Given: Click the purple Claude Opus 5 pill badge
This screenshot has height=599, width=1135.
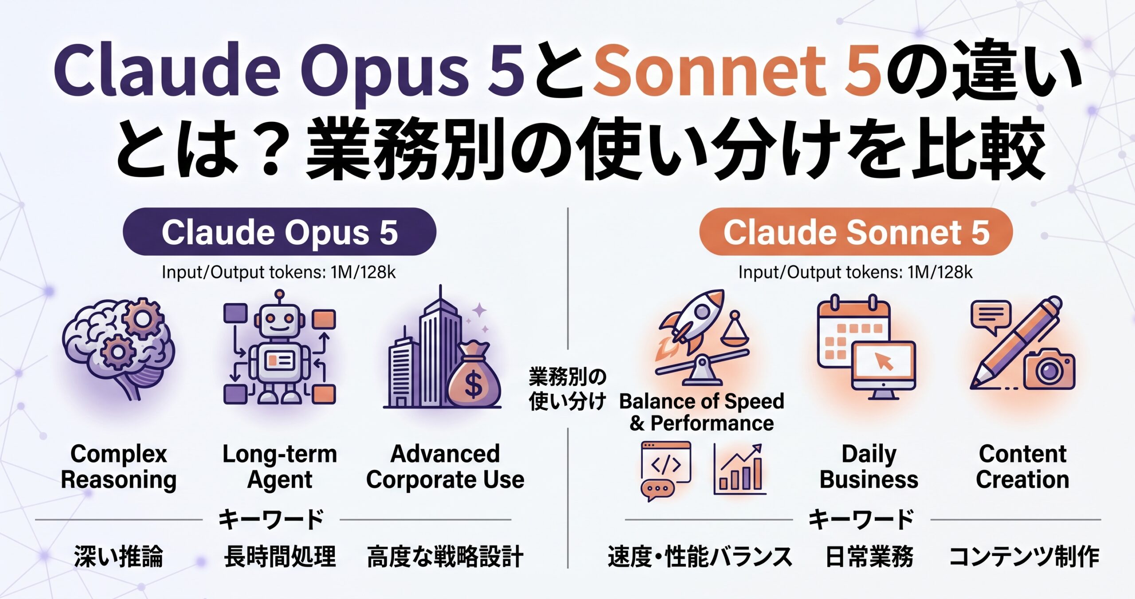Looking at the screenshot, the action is coord(279,232).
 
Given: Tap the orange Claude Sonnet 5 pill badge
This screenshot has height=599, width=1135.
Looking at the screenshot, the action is coord(856,232).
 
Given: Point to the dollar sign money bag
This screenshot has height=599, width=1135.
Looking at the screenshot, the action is coord(474,375).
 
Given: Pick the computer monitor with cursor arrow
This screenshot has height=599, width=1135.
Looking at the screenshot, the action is coord(884,370).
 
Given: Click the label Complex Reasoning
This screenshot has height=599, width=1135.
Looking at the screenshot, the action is coord(118,467).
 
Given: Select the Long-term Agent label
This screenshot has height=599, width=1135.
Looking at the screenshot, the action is coord(280,467).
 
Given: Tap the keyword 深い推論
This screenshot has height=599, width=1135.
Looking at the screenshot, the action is coord(119,556).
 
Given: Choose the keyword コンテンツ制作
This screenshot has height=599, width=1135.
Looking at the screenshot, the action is coord(1024,556).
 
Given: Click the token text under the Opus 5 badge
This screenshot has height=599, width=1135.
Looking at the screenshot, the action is coord(279,272).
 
